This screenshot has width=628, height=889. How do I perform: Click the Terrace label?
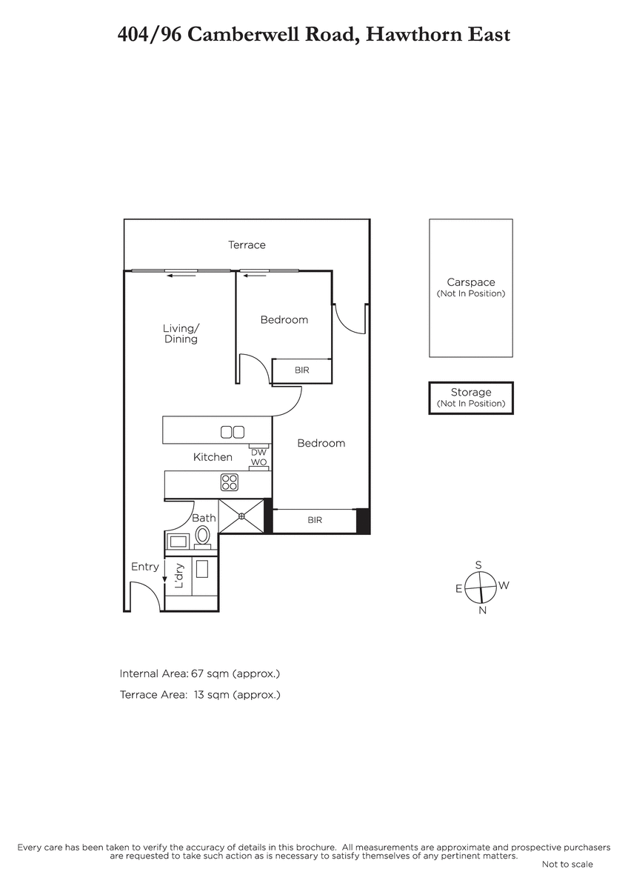pyautogui.click(x=247, y=245)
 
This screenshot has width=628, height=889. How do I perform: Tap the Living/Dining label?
pyautogui.click(x=181, y=333)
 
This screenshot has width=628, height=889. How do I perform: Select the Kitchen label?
pyautogui.click(x=213, y=457)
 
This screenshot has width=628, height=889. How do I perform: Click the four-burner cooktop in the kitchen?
pyautogui.click(x=230, y=482)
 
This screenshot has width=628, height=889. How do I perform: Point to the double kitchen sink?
pyautogui.click(x=233, y=432)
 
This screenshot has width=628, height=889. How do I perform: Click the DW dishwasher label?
pyautogui.click(x=258, y=453)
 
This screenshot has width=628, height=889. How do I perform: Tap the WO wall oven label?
pyautogui.click(x=258, y=462)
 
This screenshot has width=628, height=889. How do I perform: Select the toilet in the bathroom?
pyautogui.click(x=202, y=537)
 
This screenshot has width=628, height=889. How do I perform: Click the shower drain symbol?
pyautogui.click(x=241, y=516)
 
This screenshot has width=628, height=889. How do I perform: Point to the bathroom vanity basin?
pyautogui.click(x=178, y=541)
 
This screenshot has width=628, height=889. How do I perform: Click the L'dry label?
pyautogui.click(x=179, y=576)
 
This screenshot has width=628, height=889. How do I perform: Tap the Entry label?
pyautogui.click(x=145, y=567)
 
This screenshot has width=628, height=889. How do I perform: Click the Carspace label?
pyautogui.click(x=471, y=282)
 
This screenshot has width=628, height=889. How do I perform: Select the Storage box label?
pyautogui.click(x=471, y=392)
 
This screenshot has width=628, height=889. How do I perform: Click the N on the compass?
pyautogui.click(x=482, y=610)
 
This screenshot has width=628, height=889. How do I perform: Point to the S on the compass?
pyautogui.click(x=478, y=565)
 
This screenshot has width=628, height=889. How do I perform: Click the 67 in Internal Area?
pyautogui.click(x=197, y=673)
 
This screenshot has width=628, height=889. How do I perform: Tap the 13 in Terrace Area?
pyautogui.click(x=198, y=695)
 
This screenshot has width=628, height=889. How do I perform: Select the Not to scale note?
pyautogui.click(x=567, y=864)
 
